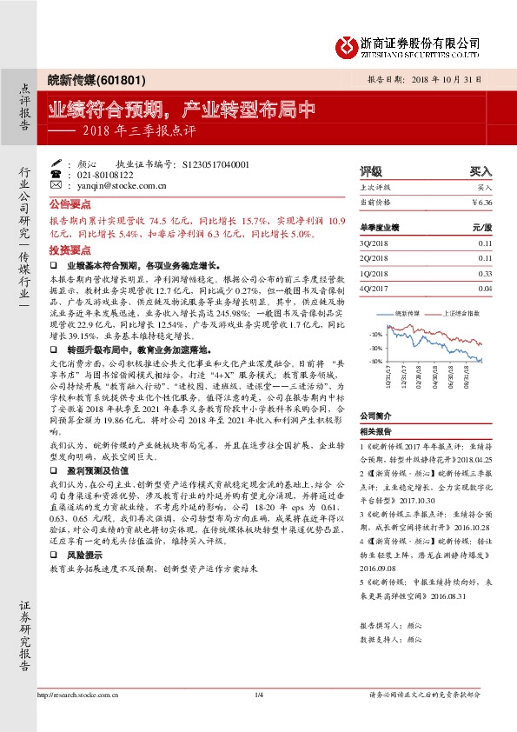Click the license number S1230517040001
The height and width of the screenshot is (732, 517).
point(211,163)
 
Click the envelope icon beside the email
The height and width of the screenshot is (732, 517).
point(56,185)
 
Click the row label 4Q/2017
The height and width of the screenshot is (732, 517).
point(376,288)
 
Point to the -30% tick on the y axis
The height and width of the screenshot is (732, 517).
point(375,348)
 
